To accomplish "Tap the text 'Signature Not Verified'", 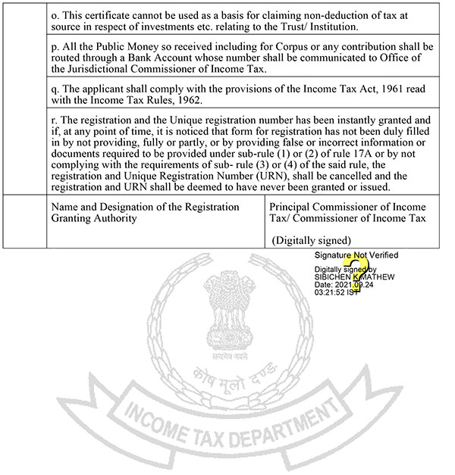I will [x=350, y=255].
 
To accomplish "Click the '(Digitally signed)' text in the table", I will [x=312, y=239].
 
